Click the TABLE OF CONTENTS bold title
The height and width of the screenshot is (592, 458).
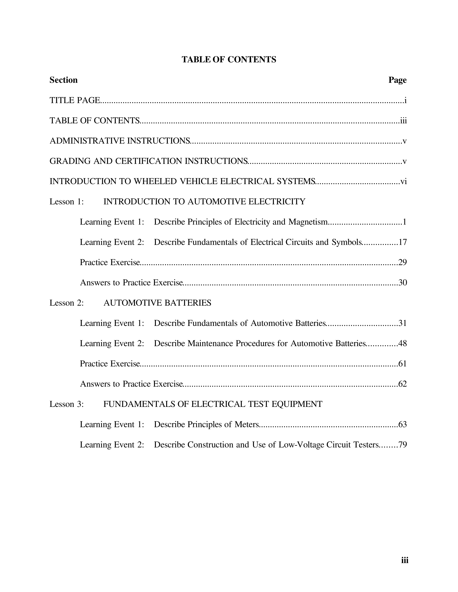pos(229,59)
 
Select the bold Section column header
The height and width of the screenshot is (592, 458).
pos(64,80)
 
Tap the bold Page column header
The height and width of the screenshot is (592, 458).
pos(397,80)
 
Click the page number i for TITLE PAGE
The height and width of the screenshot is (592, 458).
pos(405,101)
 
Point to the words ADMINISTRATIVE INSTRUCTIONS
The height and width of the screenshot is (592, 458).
pos(120,141)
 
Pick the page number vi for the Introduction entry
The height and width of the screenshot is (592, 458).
pos(403,181)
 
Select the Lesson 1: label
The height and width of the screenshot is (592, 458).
pos(66,202)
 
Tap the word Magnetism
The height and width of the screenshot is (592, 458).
pos(308,222)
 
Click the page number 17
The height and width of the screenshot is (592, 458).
pos(402,242)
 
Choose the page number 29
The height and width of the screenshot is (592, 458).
pos(402,262)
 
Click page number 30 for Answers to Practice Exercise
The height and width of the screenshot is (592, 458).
pos(402,283)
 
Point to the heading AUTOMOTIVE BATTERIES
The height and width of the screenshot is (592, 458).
pos(157,303)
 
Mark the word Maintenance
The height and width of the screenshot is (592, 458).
pos(210,343)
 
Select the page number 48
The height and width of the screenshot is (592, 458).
pos(402,343)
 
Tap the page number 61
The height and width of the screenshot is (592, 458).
pos(402,364)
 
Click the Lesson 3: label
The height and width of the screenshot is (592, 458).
pos(66,404)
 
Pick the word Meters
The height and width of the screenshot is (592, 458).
pos(246,424)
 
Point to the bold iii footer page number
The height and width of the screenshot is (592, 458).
pos(405,560)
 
